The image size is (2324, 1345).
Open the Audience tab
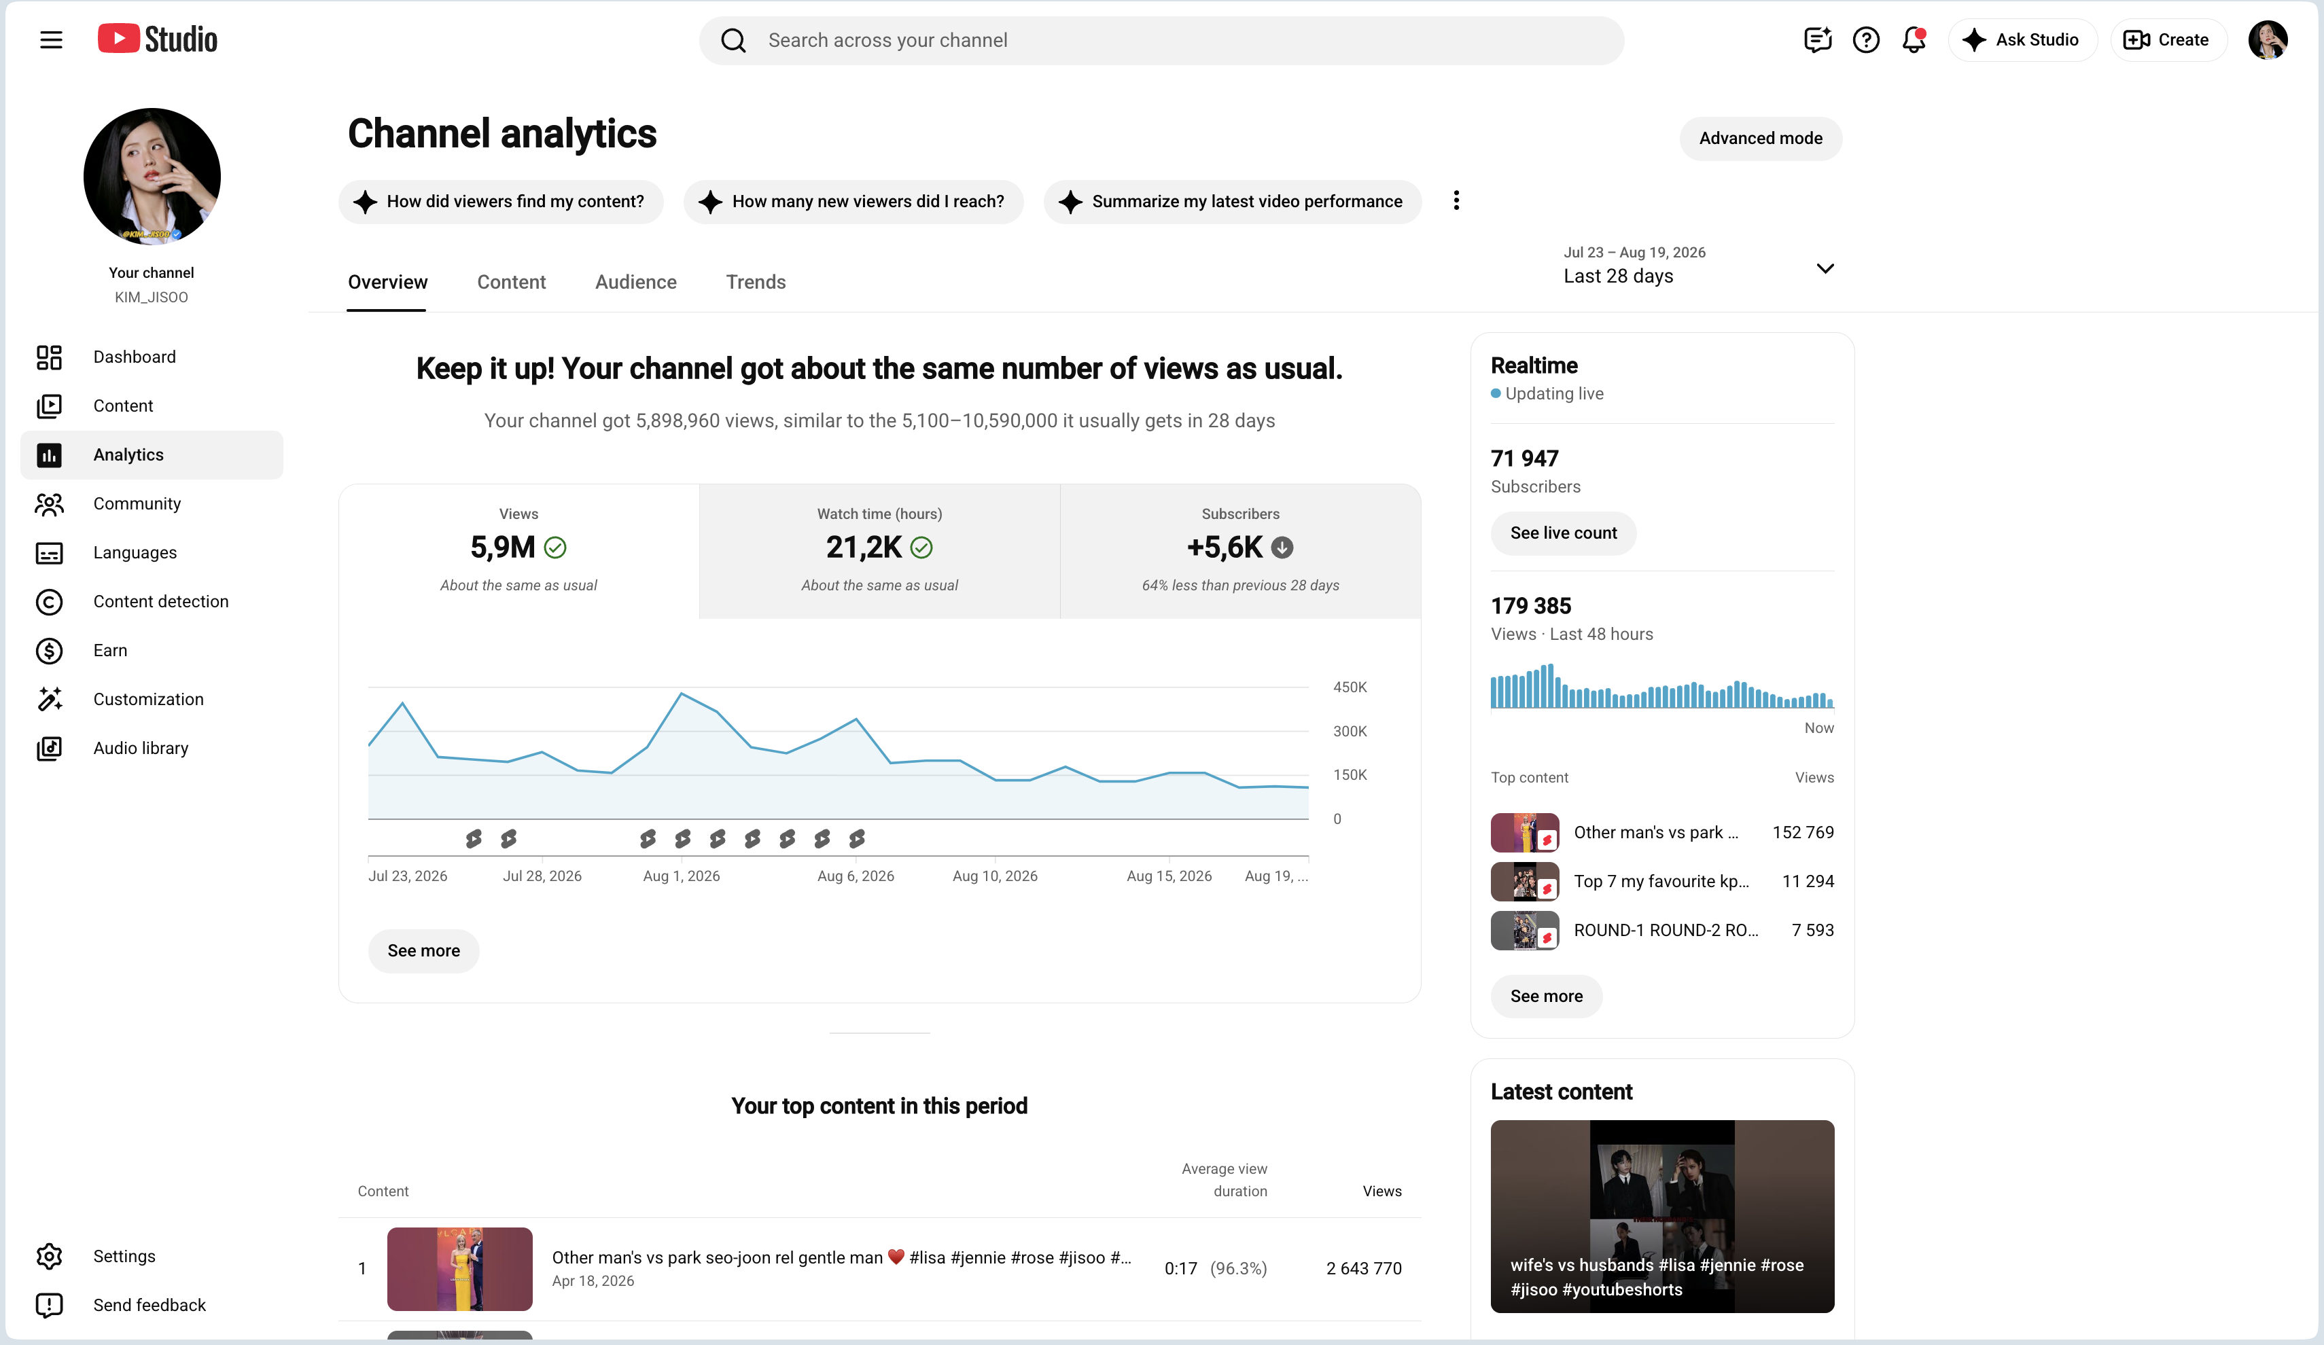pyautogui.click(x=635, y=282)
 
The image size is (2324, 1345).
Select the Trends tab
pyautogui.click(x=756, y=282)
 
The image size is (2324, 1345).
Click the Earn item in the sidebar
pyautogui.click(x=110, y=651)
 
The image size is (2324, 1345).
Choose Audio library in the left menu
pyautogui.click(x=140, y=749)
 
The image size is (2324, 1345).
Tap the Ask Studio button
pyautogui.click(x=2022, y=39)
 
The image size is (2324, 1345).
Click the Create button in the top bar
pyautogui.click(x=2167, y=39)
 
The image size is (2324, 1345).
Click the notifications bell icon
pyautogui.click(x=1914, y=39)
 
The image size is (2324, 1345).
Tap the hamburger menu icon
pyautogui.click(x=52, y=39)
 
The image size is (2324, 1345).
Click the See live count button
pyautogui.click(x=1563, y=533)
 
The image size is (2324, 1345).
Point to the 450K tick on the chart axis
pyautogui.click(x=1350, y=687)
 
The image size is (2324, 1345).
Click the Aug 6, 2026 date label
pyautogui.click(x=855, y=876)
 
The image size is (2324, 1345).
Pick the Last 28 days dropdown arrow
pyautogui.click(x=1824, y=268)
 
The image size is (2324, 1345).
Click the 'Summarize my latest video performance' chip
pyautogui.click(x=1232, y=202)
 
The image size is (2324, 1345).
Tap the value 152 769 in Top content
pyautogui.click(x=1803, y=832)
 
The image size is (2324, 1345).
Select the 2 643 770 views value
pyautogui.click(x=1364, y=1268)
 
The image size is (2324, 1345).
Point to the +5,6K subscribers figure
pyautogui.click(x=1224, y=548)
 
